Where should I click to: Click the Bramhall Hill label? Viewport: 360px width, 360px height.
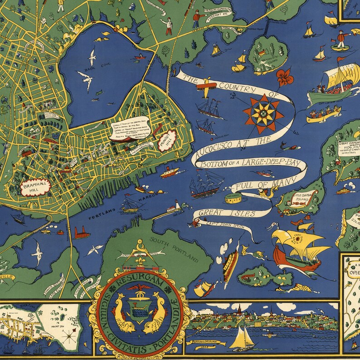pos(35,188)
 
